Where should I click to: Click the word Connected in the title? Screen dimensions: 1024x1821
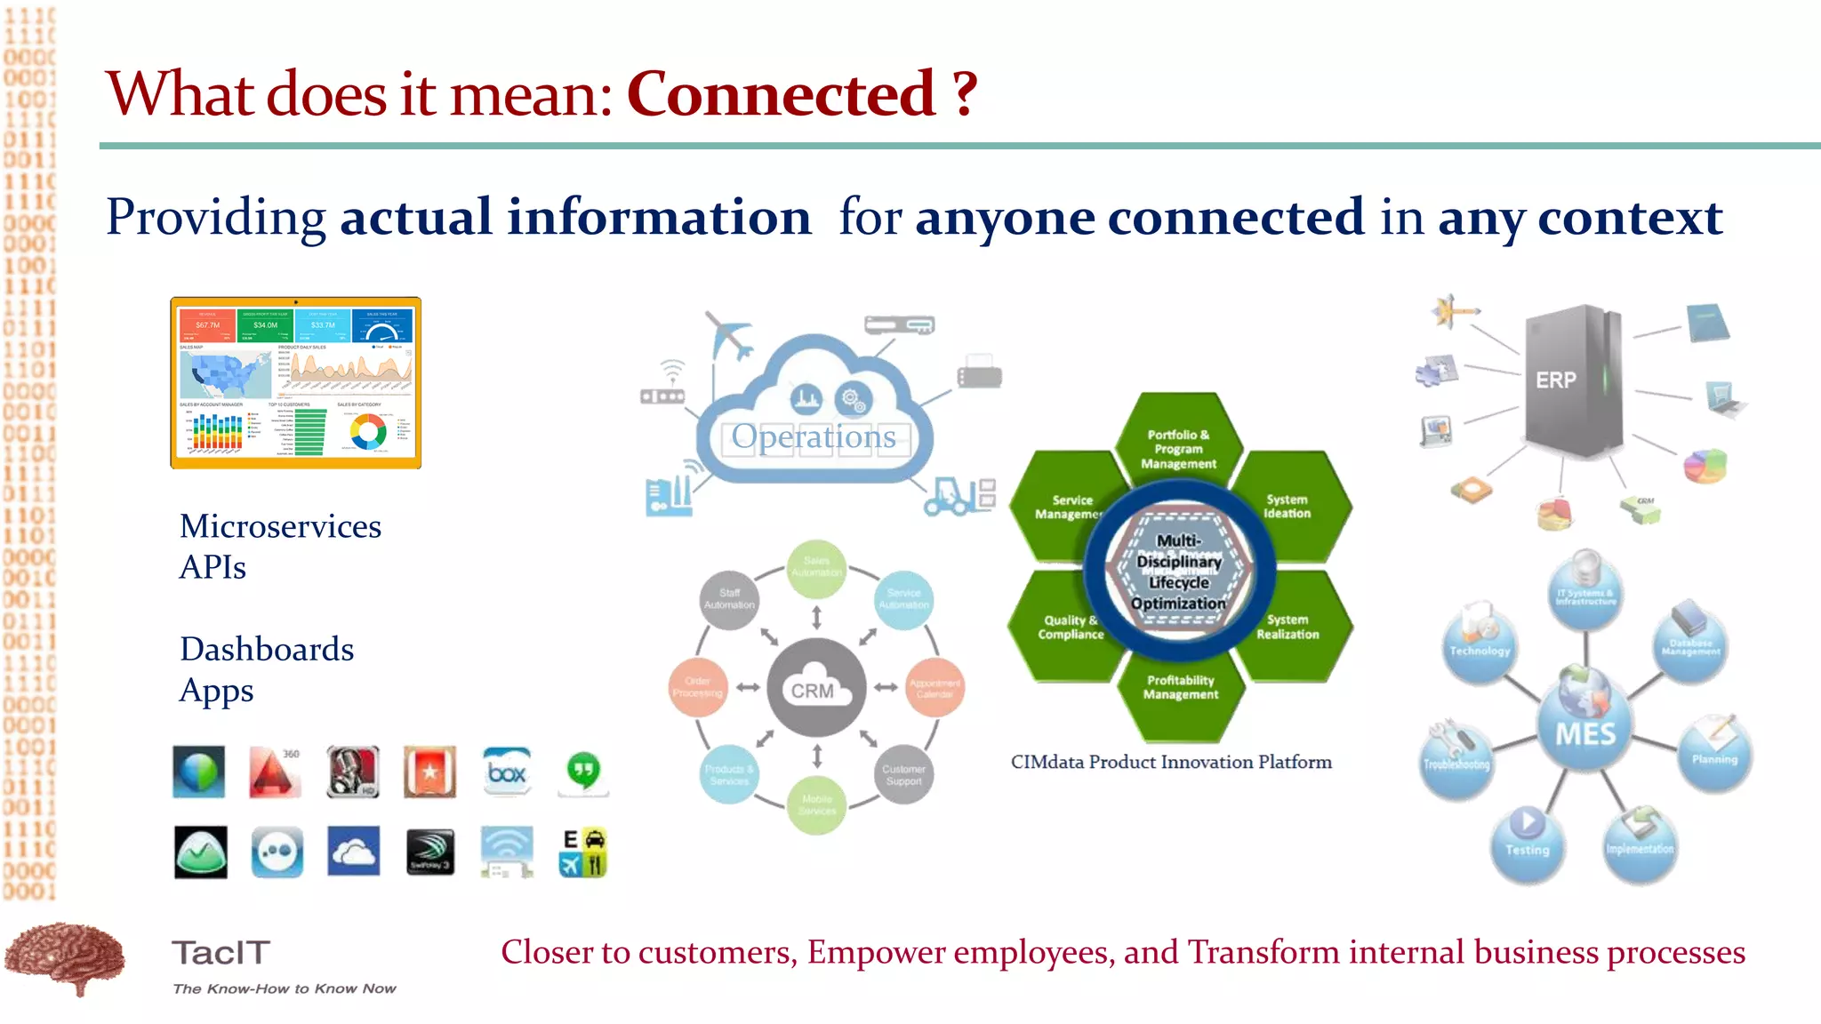[x=781, y=94]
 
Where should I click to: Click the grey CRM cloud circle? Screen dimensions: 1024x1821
[x=815, y=687]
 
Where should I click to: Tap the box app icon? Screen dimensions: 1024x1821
[x=507, y=772]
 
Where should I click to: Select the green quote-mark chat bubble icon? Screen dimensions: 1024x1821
[x=583, y=772]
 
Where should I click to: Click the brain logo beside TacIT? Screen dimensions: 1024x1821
[x=64, y=958]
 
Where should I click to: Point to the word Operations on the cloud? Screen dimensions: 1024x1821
[x=814, y=436]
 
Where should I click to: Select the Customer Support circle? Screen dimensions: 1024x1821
[x=903, y=774]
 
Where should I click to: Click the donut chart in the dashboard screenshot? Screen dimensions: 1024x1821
[x=368, y=432]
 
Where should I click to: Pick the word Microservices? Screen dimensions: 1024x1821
[x=280, y=526]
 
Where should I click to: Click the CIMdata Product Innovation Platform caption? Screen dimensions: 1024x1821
[x=1171, y=762]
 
